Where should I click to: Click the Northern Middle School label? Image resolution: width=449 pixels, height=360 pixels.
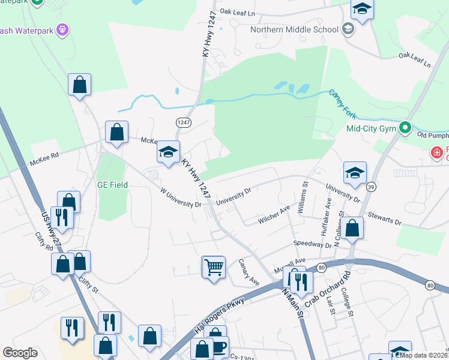(294, 29)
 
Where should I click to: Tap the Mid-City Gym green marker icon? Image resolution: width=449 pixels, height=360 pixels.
(405, 128)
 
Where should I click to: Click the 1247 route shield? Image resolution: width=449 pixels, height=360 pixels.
(183, 122)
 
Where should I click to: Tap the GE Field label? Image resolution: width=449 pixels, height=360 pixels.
(112, 185)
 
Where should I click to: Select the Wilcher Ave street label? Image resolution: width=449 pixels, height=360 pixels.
(274, 214)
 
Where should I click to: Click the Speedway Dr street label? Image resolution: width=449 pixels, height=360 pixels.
(312, 244)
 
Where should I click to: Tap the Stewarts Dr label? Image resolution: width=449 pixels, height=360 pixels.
(385, 217)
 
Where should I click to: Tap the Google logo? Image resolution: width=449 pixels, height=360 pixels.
(20, 353)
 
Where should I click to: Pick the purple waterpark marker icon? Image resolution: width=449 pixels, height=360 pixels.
(62, 28)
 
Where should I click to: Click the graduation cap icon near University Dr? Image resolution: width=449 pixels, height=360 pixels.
(355, 173)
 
